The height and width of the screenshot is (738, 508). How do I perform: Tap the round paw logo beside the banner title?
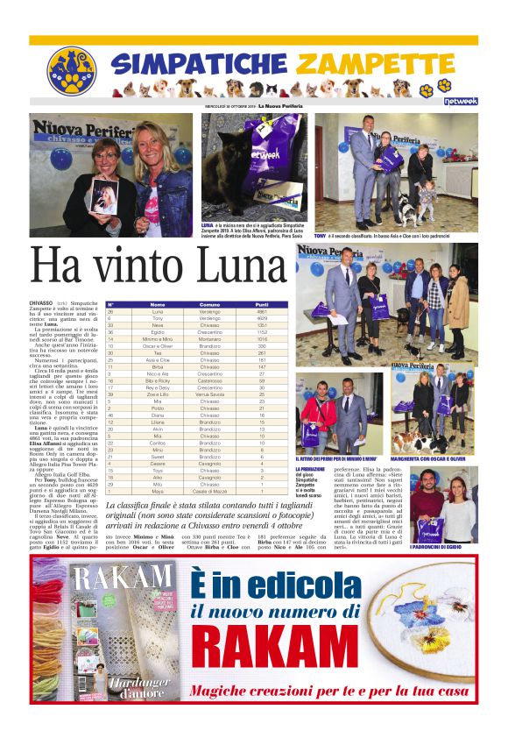[71, 70]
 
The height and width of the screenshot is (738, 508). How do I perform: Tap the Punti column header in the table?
[262, 304]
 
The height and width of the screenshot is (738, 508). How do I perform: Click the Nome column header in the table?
[158, 304]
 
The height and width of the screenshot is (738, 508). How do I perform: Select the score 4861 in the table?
[262, 311]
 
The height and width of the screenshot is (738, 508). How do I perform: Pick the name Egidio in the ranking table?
[158, 332]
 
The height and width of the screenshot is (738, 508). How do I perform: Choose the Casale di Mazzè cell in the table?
[210, 491]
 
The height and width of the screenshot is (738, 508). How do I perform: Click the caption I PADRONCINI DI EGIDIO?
[443, 549]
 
